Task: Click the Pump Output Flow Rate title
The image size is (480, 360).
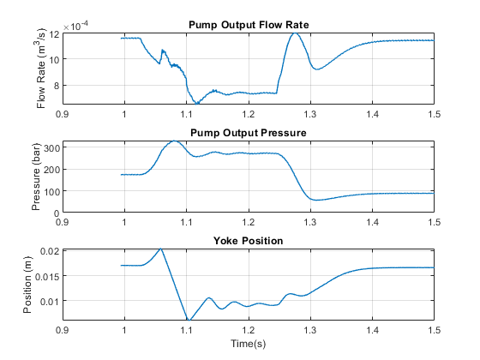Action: click(249, 25)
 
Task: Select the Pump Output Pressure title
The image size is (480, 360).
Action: click(249, 133)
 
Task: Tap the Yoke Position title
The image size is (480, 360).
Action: click(248, 241)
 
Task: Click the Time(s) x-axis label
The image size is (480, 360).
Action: click(248, 344)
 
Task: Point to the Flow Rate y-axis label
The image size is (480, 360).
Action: click(41, 68)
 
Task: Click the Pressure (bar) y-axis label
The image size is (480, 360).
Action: click(36, 177)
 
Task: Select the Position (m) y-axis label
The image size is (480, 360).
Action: click(27, 285)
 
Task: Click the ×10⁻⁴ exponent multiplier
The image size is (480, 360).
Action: click(75, 26)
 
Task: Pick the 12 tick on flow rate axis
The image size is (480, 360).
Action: click(54, 33)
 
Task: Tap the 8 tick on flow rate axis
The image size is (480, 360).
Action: click(57, 86)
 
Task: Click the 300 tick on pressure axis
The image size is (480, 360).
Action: click(51, 148)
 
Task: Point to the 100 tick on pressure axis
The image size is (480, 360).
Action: click(51, 191)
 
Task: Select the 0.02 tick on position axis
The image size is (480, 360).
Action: click(50, 252)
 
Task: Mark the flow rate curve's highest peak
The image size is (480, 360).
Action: click(295, 33)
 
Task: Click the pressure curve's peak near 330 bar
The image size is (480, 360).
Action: click(174, 141)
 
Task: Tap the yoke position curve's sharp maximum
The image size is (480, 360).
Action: click(161, 249)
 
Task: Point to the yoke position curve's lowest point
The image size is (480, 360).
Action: click(189, 320)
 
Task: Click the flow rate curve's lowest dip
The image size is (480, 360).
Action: click(197, 104)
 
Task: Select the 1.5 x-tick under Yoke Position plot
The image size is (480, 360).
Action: click(434, 330)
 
